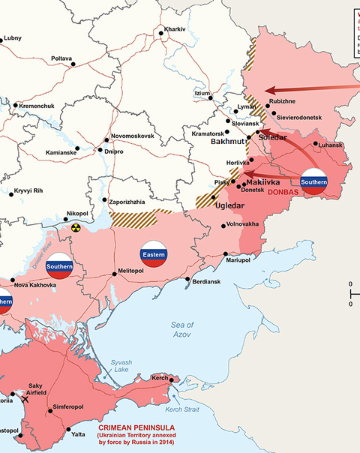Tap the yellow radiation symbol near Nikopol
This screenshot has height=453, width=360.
point(75,226)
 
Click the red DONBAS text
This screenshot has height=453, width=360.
point(281,192)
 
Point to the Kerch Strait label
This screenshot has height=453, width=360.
point(181,409)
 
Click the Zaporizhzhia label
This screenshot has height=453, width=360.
point(131,202)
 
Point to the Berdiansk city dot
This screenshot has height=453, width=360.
point(187,280)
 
